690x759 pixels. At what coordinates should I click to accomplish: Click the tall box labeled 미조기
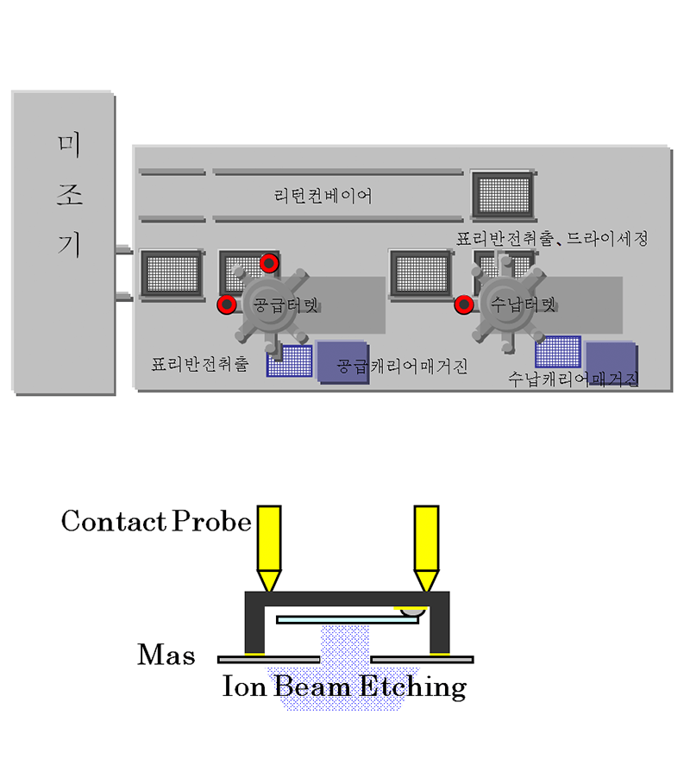63,241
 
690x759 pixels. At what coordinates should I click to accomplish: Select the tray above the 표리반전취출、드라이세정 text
503,194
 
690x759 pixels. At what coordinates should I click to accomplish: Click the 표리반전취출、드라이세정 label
552,239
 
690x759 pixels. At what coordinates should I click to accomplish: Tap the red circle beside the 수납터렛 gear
464,304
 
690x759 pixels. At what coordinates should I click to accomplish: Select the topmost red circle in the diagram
270,261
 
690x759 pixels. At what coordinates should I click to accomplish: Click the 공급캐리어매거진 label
402,366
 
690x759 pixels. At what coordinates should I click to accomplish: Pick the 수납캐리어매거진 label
574,378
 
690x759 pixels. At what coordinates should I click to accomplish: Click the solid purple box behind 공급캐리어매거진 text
342,360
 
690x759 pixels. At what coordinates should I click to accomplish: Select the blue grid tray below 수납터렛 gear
557,352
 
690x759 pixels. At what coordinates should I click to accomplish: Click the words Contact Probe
156,521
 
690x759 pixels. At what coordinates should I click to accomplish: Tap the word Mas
166,655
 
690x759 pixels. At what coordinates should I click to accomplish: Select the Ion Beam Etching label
344,687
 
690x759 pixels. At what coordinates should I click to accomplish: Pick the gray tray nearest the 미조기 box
171,274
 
